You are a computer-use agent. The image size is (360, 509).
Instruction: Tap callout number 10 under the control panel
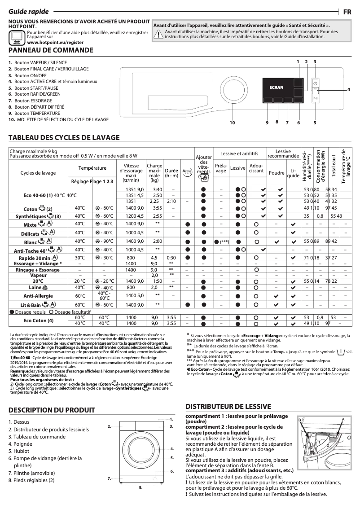[x=232, y=123]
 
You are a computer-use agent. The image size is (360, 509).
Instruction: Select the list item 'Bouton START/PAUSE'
[x=36, y=88]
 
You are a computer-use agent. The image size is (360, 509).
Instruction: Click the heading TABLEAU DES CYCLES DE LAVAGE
[x=64, y=137]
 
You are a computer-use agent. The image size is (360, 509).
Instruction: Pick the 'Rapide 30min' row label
[x=44, y=258]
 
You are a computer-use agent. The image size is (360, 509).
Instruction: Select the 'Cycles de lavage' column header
[x=38, y=173]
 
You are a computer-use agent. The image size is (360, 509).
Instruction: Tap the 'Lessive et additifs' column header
[x=239, y=154]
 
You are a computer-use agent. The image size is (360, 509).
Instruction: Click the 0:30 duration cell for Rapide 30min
[x=171, y=258]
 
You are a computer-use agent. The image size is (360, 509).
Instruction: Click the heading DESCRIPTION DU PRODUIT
[x=52, y=410]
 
